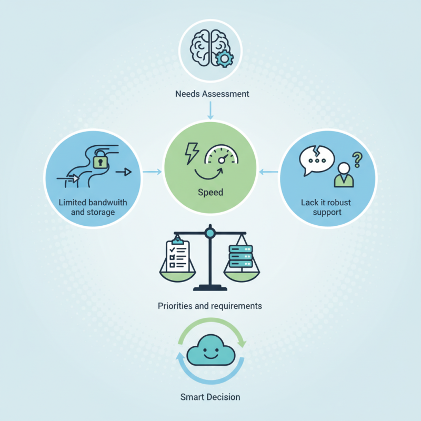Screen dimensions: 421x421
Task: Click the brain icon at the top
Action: click(x=212, y=48)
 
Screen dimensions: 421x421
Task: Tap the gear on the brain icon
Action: click(x=225, y=58)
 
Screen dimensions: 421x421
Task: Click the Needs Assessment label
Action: click(x=212, y=94)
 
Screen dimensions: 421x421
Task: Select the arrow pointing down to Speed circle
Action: click(x=210, y=110)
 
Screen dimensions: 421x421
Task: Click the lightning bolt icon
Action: click(x=192, y=153)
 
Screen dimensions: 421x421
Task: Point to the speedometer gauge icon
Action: click(x=222, y=155)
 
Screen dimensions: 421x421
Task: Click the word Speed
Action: click(x=210, y=193)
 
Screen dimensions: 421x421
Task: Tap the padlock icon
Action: click(x=100, y=160)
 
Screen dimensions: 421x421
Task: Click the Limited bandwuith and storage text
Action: click(x=93, y=207)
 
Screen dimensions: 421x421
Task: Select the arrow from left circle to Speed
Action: click(x=152, y=172)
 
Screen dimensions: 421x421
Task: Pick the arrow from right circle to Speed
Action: click(x=268, y=172)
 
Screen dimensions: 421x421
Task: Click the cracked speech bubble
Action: click(x=317, y=161)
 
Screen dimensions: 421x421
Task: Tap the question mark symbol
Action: click(x=357, y=159)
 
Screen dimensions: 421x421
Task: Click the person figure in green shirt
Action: click(x=344, y=175)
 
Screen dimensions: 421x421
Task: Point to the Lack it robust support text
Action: click(x=326, y=207)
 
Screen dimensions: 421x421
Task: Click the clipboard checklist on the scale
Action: click(x=177, y=254)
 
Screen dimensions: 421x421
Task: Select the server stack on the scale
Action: click(x=241, y=256)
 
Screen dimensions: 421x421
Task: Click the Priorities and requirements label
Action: click(x=210, y=306)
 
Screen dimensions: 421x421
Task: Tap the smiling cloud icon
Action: click(x=211, y=350)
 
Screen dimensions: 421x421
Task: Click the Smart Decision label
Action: click(x=210, y=397)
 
